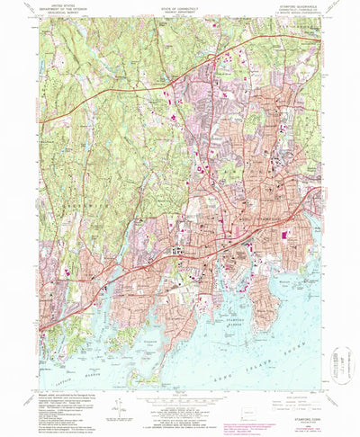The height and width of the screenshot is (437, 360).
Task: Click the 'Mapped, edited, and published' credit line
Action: (x=67, y=392)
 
